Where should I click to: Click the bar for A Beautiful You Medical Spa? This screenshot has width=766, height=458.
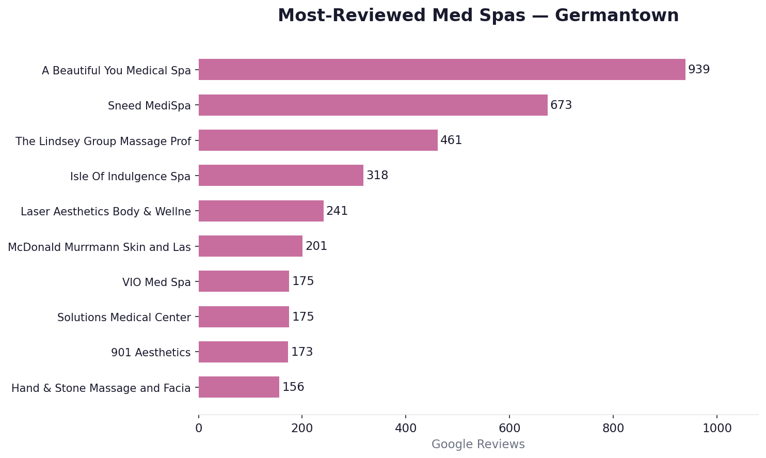pos(442,70)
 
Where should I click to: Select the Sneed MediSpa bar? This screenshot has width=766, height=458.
pos(373,105)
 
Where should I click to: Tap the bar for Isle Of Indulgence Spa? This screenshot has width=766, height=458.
pos(281,176)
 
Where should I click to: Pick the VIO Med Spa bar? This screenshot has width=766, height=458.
pos(244,281)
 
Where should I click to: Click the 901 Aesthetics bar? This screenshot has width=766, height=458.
pos(243,352)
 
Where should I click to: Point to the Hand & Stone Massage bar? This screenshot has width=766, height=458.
pos(239,387)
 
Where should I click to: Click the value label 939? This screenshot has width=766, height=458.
pos(699,70)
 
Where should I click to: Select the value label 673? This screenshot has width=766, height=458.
pos(561,105)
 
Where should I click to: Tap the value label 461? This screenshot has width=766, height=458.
pos(451,140)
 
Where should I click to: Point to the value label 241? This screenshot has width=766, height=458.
pos(337,211)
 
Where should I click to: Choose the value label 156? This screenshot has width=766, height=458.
pos(293,387)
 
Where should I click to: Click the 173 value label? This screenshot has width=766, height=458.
pos(302,352)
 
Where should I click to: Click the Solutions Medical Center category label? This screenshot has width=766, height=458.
pos(124,318)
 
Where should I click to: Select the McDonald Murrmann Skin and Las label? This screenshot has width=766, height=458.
pos(99,247)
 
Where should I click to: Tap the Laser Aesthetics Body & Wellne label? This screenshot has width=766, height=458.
pos(106,212)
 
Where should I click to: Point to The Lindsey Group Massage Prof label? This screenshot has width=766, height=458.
pos(103,141)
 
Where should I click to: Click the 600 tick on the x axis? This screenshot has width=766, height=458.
pos(509,429)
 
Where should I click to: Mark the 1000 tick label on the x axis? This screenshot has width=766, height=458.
pos(717,429)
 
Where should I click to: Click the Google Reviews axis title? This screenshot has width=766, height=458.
pos(478,445)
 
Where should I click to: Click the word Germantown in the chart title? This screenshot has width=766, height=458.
pos(617,16)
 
